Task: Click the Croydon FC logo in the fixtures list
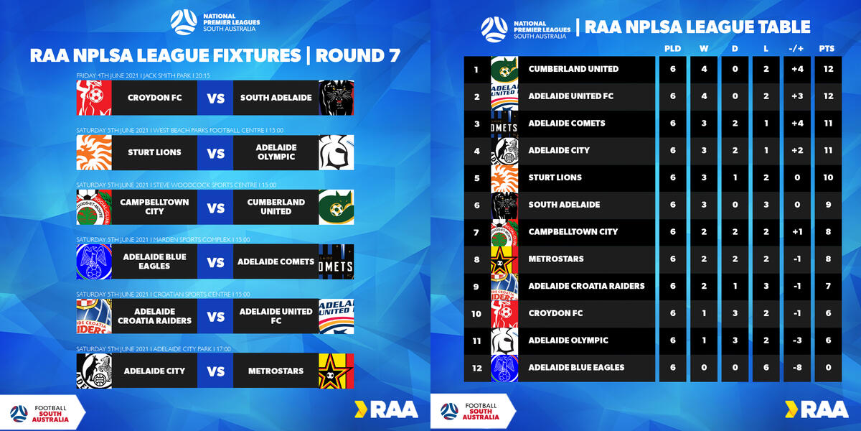(x=94, y=98)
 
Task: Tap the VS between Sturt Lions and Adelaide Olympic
(x=216, y=153)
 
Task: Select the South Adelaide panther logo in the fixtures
(x=337, y=98)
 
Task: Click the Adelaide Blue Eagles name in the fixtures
(x=154, y=261)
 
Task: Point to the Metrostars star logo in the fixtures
(x=337, y=371)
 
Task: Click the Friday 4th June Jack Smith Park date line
(x=143, y=75)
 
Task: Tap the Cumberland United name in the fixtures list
(x=276, y=207)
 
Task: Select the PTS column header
(x=827, y=49)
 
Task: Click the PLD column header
(x=673, y=49)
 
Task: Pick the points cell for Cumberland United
(x=828, y=69)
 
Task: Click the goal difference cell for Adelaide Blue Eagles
(x=797, y=368)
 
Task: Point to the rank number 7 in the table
(x=476, y=233)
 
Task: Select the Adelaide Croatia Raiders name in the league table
(x=586, y=286)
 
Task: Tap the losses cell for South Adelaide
(x=766, y=205)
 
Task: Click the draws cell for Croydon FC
(x=735, y=313)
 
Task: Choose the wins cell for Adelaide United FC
(x=704, y=96)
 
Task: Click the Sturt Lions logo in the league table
(x=504, y=178)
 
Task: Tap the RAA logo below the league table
(x=817, y=409)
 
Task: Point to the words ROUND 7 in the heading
(x=358, y=56)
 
